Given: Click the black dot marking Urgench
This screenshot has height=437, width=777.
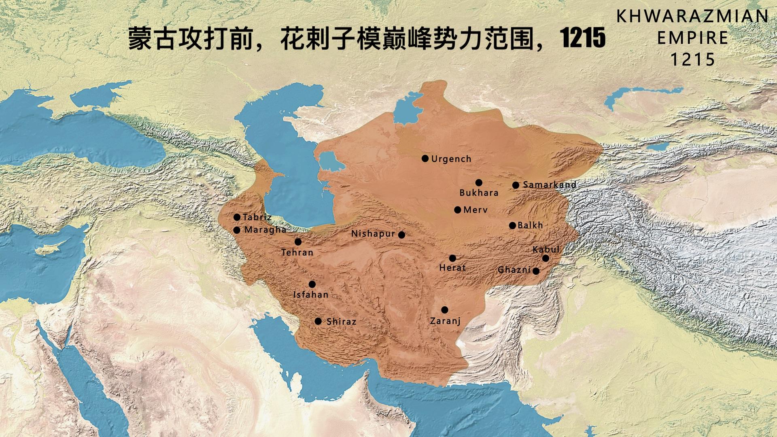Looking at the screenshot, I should [x=425, y=159].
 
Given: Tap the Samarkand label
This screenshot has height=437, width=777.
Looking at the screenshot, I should [x=549, y=185].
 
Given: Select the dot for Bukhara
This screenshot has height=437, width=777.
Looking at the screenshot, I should [x=479, y=182].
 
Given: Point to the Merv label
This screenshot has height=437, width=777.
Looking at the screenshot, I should [x=475, y=210].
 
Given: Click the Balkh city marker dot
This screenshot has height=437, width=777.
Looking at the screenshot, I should [x=512, y=225].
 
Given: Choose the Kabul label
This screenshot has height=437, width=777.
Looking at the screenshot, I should [x=546, y=249].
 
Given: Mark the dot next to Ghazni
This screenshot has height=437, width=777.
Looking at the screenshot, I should [x=536, y=271].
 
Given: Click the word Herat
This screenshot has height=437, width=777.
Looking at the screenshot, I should [x=452, y=267].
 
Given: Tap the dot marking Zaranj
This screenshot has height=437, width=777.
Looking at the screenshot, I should [x=445, y=310].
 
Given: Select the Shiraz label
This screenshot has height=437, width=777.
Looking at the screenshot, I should [x=341, y=322].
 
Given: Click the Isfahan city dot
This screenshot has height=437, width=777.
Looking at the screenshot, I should [x=312, y=284].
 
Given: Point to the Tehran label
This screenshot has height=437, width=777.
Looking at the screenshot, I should [x=297, y=252].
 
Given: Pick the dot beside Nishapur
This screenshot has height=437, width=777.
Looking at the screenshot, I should [x=401, y=235].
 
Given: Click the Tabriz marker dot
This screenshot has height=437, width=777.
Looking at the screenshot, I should [x=237, y=217].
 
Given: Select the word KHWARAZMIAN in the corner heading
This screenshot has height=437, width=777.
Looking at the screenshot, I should [x=692, y=17].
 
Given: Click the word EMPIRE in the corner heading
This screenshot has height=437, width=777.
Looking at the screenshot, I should [x=692, y=38].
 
